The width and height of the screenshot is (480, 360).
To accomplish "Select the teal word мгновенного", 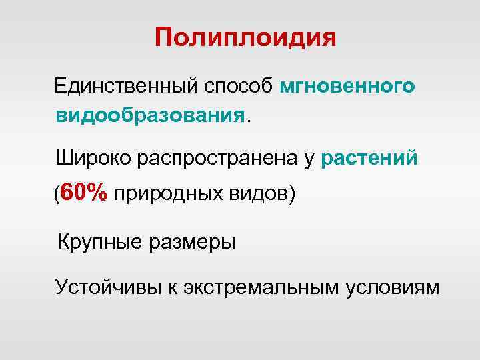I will coord(349,86).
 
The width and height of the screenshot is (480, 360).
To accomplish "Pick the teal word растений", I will coord(369,158).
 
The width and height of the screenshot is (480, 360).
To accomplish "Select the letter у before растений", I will coord(310,159).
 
